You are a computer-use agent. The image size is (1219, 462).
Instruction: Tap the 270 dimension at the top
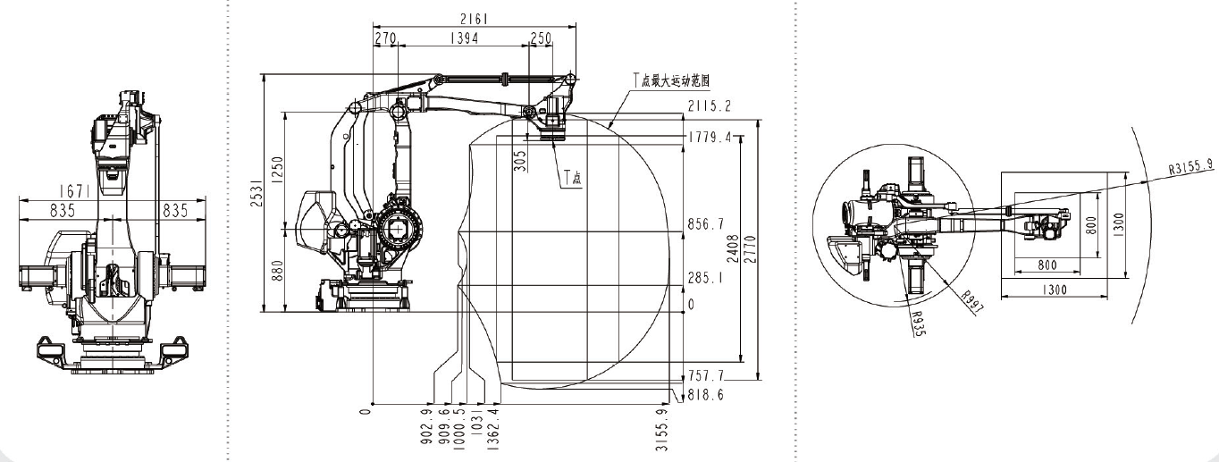coord(385,38)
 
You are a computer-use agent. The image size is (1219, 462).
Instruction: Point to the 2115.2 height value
coord(710,106)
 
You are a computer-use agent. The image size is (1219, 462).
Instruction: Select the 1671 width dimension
coord(112,191)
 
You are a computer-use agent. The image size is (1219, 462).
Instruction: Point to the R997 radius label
coord(971,303)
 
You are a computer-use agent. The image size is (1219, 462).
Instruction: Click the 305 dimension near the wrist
coord(520,159)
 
